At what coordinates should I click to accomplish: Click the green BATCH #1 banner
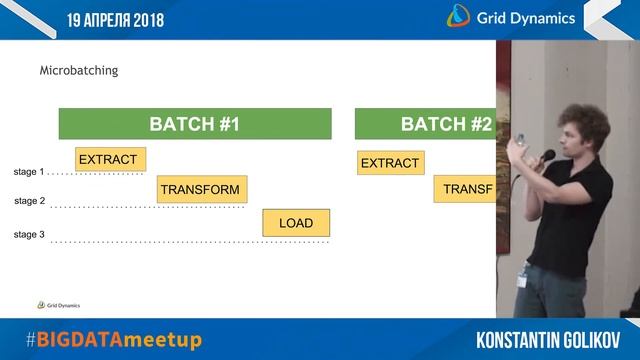click(195, 124)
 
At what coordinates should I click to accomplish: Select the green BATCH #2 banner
click(426, 124)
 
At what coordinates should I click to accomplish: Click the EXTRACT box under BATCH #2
click(391, 163)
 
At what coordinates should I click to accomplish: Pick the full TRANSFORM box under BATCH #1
click(201, 189)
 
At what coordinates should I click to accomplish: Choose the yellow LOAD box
click(296, 223)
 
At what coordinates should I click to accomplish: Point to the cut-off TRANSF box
click(465, 189)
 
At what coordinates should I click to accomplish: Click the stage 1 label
click(29, 172)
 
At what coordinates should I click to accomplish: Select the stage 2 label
click(29, 201)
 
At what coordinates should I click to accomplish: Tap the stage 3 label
click(29, 234)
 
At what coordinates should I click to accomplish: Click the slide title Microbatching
click(79, 71)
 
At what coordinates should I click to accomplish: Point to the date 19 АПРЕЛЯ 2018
click(116, 19)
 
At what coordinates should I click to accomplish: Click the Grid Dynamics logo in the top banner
click(510, 17)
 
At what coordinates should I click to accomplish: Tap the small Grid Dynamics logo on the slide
click(59, 305)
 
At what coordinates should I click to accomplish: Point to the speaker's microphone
click(547, 156)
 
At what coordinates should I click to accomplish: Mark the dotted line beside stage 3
click(189, 241)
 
